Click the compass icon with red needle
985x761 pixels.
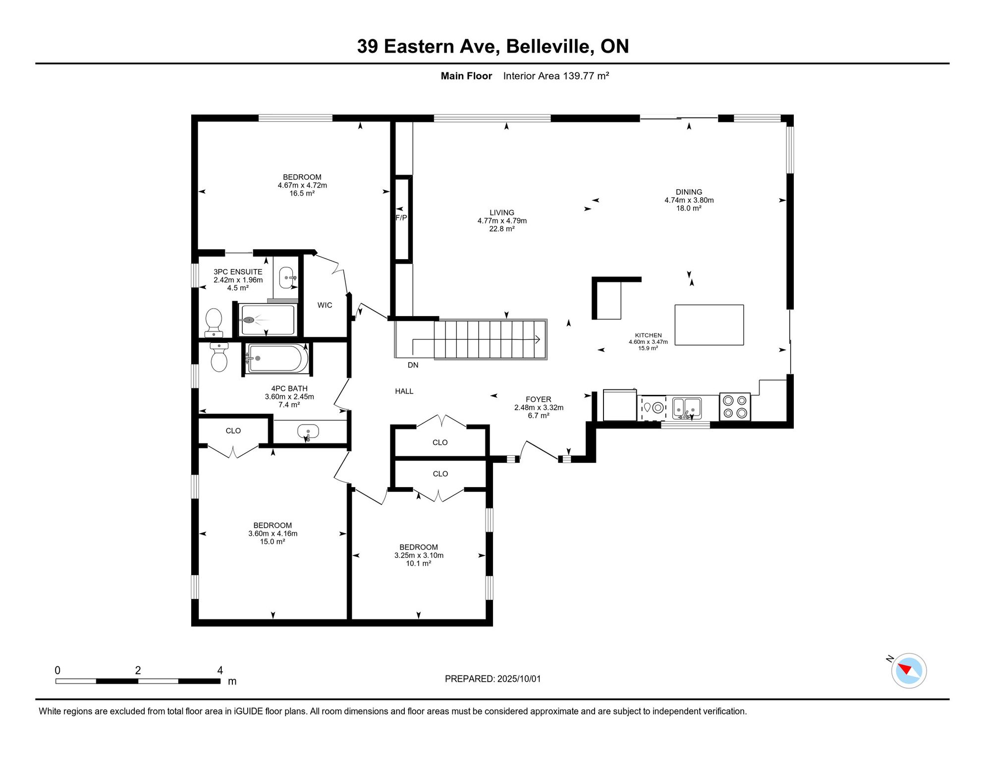pyautogui.click(x=909, y=671)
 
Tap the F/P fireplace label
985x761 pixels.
pyautogui.click(x=401, y=218)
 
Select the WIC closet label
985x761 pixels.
pyautogui.click(x=325, y=305)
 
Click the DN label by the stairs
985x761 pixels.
pyautogui.click(x=413, y=365)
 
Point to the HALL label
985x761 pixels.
pyautogui.click(x=404, y=391)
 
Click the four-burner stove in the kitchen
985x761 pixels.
pyautogui.click(x=735, y=407)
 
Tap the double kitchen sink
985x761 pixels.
pyautogui.click(x=687, y=408)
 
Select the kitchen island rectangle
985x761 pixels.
pyautogui.click(x=709, y=325)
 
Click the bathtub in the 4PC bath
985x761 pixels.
pyautogui.click(x=276, y=358)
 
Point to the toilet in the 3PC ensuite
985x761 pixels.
pyautogui.click(x=214, y=323)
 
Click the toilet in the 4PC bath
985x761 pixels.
pyautogui.click(x=219, y=357)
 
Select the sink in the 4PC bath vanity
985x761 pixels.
pyautogui.click(x=308, y=432)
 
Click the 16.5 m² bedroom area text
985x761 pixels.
pyautogui.click(x=302, y=193)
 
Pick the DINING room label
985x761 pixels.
pyautogui.click(x=689, y=192)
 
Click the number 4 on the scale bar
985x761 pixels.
pyautogui.click(x=220, y=670)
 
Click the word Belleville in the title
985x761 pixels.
pyautogui.click(x=550, y=46)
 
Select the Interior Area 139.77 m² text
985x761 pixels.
pyautogui.click(x=556, y=76)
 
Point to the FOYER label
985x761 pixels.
pyautogui.click(x=539, y=399)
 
